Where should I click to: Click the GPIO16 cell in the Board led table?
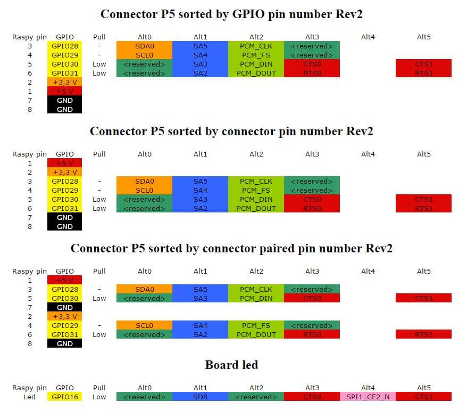[x=64, y=397]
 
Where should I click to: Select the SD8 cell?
[x=200, y=397]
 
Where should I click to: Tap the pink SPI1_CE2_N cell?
[x=368, y=397]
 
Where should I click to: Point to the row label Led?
[x=29, y=397]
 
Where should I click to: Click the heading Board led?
[x=231, y=365]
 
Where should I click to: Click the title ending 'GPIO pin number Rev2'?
[x=231, y=14]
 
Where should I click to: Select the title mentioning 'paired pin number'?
[x=231, y=249]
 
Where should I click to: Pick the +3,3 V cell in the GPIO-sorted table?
[x=64, y=82]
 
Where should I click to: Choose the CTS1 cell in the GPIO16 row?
[x=423, y=397]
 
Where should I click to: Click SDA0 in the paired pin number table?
[x=144, y=289]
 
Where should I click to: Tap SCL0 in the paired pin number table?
[x=144, y=325]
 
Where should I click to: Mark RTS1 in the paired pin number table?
[x=423, y=334]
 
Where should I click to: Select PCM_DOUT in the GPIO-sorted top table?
[x=256, y=73]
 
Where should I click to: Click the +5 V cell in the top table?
[x=64, y=91]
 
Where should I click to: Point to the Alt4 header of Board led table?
[x=368, y=388]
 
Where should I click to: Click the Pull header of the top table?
[x=99, y=37]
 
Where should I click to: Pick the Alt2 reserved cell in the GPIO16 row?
[x=256, y=397]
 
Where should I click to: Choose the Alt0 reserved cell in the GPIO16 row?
[x=144, y=397]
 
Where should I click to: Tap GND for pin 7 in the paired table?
[x=64, y=307]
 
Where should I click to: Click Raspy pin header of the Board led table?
[x=29, y=388]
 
